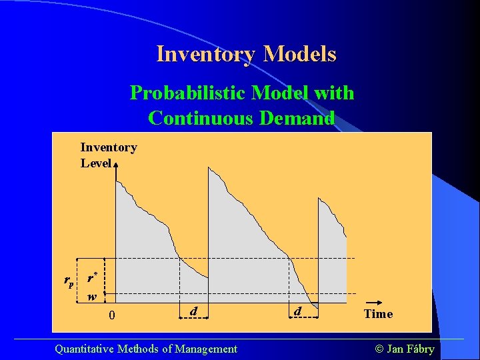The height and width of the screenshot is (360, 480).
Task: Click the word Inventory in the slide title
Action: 206,53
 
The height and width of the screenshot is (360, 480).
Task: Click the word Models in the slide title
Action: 299,53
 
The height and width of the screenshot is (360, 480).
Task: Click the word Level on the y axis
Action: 96,163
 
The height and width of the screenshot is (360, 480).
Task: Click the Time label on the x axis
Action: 378,313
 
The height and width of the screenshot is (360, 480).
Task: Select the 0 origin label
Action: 113,315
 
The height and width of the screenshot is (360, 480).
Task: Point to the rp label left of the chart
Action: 69,281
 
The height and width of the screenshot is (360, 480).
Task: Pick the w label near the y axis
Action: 93,297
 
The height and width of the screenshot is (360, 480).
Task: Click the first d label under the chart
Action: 193,311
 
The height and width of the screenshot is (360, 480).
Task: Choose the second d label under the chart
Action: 297,311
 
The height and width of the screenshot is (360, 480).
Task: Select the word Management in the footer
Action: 206,348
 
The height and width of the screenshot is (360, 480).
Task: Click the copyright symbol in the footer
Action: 378,348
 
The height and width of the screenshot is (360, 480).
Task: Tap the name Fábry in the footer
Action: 420,348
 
